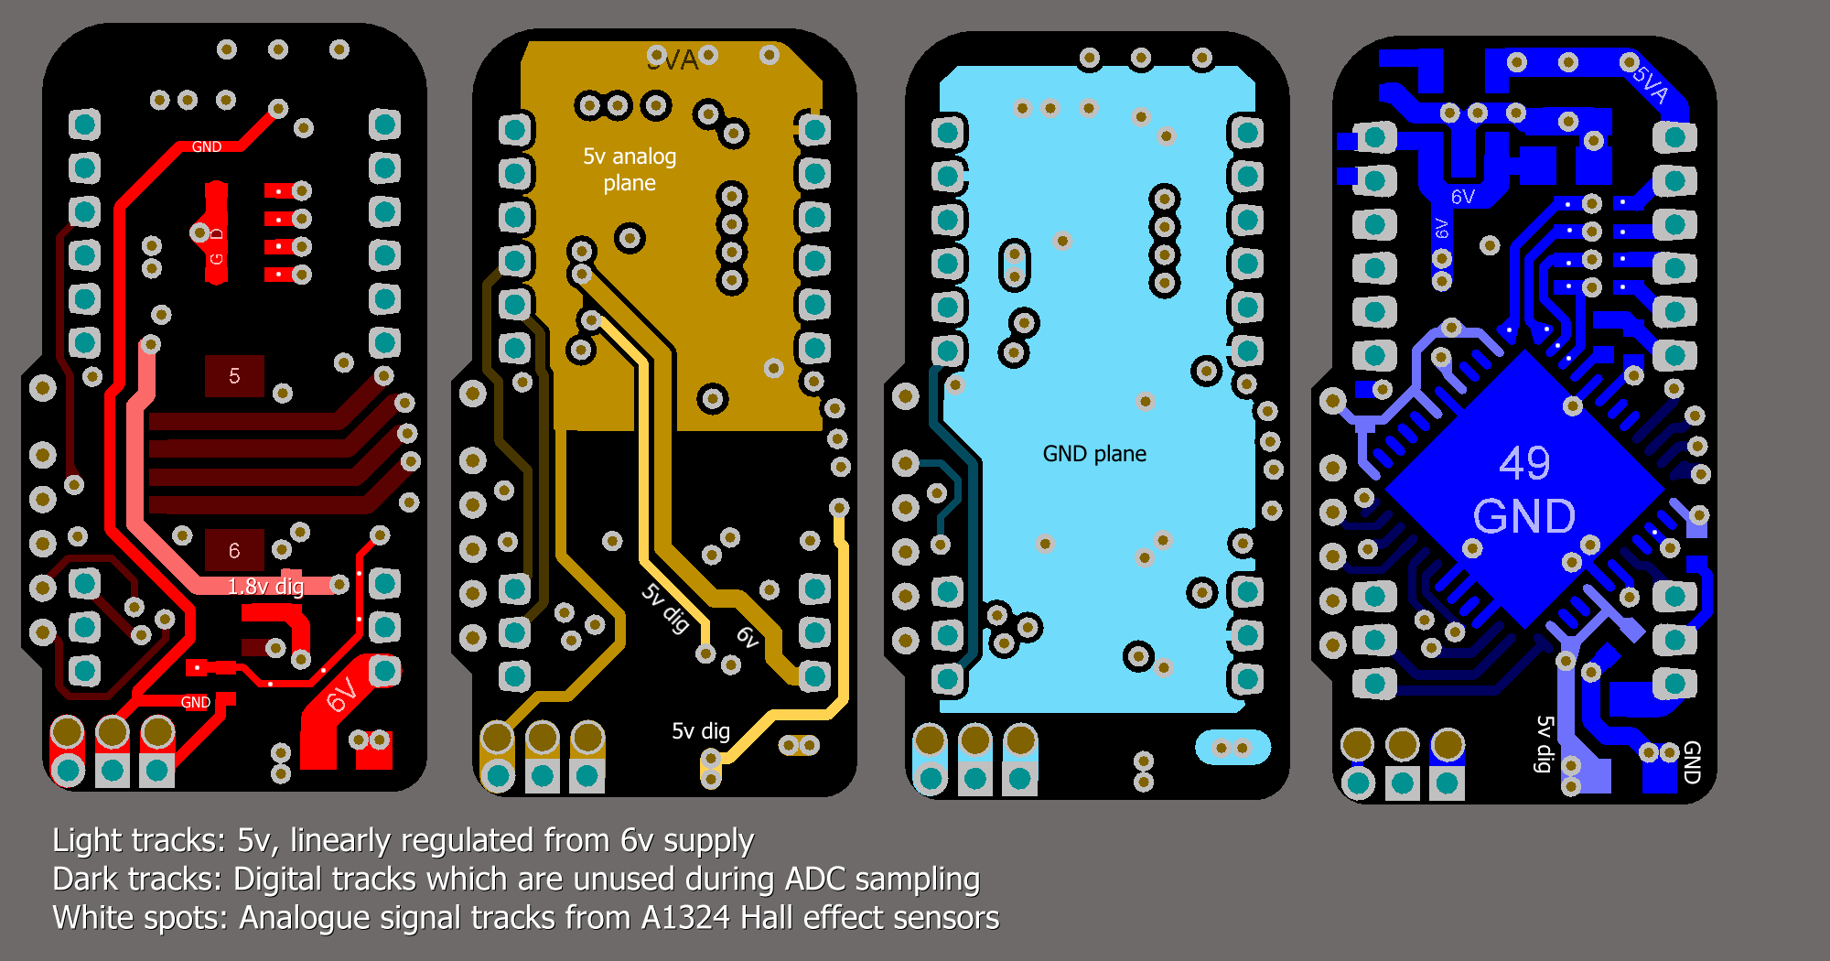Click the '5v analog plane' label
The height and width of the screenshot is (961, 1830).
point(630,169)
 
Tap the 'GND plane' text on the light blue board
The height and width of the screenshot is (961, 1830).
point(1094,454)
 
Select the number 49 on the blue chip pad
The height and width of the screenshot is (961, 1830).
point(1524,463)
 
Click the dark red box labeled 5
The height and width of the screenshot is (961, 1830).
point(234,376)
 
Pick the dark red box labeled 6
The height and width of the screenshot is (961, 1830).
point(234,550)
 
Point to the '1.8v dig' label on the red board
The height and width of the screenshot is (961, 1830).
point(265,587)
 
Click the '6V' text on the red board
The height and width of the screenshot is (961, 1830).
point(341,695)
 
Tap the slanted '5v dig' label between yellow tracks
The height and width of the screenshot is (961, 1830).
point(665,608)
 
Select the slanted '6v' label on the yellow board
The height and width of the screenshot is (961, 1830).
point(748,637)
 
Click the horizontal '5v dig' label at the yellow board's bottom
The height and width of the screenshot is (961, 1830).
point(701,730)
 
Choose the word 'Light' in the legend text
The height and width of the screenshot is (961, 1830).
point(88,840)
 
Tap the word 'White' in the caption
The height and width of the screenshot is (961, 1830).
point(93,917)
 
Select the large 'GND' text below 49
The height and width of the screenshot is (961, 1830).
point(1524,516)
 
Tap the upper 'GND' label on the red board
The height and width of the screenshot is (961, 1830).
point(207,146)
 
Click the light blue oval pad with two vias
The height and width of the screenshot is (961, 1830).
point(1233,748)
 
